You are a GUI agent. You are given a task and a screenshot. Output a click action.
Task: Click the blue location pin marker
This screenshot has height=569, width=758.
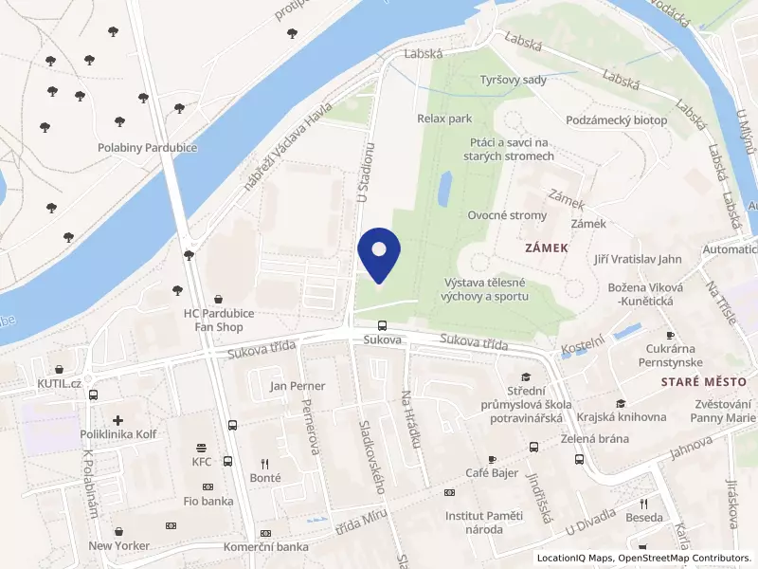coord(380,254)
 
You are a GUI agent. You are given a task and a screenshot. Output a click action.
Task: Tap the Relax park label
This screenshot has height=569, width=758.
coord(444,119)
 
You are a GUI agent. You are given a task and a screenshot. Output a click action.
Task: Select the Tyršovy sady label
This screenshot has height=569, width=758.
coord(514,80)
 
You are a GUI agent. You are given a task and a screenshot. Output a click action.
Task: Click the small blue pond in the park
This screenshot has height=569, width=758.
coord(443,190)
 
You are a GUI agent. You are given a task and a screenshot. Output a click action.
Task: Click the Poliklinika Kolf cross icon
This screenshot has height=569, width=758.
coord(117,419)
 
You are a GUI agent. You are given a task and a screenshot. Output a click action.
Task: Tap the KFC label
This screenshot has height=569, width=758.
coord(202,462)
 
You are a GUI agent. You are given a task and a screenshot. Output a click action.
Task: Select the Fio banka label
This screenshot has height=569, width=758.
coord(209,501)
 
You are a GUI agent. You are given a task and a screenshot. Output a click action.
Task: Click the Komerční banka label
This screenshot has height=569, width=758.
coord(266,547)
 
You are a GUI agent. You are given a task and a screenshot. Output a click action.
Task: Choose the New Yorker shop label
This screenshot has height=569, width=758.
coord(118,546)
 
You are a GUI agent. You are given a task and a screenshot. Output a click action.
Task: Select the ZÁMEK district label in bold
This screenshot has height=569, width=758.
coord(546,248)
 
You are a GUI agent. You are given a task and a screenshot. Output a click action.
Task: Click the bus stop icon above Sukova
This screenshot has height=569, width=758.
coord(382,324)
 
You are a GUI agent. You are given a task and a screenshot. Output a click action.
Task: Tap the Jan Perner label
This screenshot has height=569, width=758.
coord(298,386)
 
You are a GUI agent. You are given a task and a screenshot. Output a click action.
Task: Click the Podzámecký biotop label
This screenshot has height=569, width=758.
coord(616,120)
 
